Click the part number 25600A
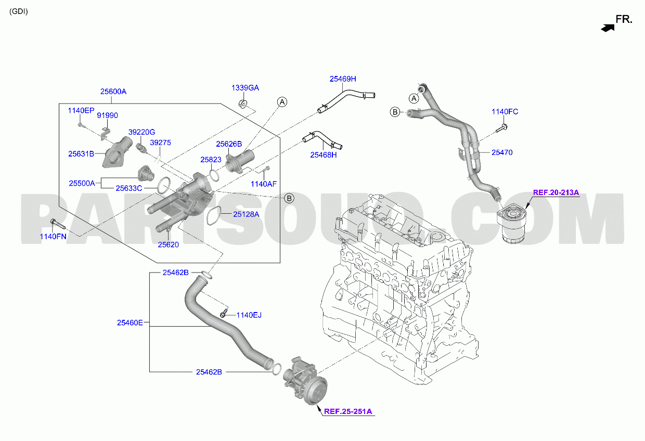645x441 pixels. point(113,92)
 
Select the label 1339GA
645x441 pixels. point(245,88)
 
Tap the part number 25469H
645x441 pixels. point(343,79)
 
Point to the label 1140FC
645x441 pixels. point(505,112)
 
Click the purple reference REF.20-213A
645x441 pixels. point(556,192)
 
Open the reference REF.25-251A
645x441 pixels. point(348,411)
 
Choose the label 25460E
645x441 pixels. point(130,323)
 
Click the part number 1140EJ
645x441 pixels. point(249,315)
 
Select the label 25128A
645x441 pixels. point(246,214)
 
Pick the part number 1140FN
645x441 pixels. point(53,237)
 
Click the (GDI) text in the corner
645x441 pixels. point(19,11)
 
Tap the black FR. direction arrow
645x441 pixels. point(608,28)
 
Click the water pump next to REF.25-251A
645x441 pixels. point(305,381)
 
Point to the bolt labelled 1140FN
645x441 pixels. point(58,225)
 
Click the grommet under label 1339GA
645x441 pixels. point(243,104)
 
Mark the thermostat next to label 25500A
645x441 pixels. point(146,173)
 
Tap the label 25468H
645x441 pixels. point(323,155)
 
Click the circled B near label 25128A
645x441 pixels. point(289,198)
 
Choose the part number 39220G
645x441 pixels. point(141,132)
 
